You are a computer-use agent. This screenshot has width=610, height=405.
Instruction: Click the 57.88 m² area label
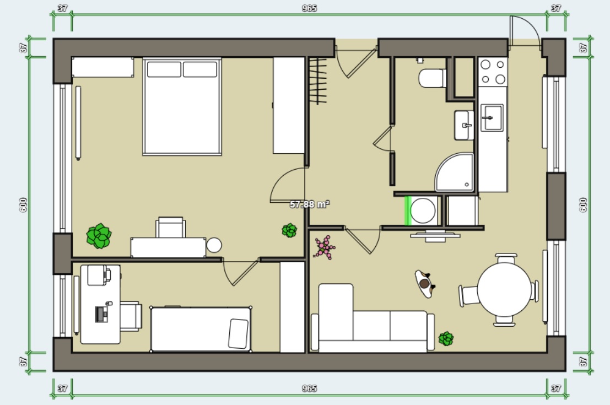pyautogui.click(x=310, y=204)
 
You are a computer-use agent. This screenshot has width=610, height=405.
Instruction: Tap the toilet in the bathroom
pyautogui.click(x=432, y=78)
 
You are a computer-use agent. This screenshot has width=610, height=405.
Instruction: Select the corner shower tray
pyautogui.click(x=455, y=172)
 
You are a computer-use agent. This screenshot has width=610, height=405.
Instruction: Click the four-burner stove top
pyautogui.click(x=493, y=72)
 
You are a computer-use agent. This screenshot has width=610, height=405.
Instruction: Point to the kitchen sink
pyautogui.click(x=492, y=117)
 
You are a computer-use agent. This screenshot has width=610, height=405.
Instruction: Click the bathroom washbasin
pyautogui.click(x=464, y=125)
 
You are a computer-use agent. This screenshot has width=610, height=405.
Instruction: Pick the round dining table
pyautogui.click(x=504, y=289)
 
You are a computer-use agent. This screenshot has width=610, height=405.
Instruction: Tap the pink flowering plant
pyautogui.click(x=325, y=247)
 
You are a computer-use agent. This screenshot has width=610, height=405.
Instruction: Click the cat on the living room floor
pyautogui.click(x=425, y=284)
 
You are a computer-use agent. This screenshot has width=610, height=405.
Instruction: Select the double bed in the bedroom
pyautogui.click(x=182, y=106)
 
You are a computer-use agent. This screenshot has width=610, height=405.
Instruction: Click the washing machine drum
pyautogui.click(x=423, y=210)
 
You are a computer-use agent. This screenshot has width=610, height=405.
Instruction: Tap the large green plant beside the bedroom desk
pyautogui.click(x=99, y=236)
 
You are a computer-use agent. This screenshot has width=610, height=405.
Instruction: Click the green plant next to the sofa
pyautogui.click(x=446, y=338)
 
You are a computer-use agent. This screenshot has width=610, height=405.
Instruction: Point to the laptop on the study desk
pyautogui.click(x=102, y=314)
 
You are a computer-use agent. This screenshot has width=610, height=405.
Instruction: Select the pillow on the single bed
pyautogui.click(x=239, y=333)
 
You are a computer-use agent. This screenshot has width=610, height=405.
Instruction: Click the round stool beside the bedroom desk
pyautogui.click(x=214, y=245)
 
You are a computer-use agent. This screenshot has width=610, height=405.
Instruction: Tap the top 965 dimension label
pyautogui.click(x=309, y=8)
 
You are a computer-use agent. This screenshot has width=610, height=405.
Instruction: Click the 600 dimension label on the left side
pyautogui.click(x=23, y=204)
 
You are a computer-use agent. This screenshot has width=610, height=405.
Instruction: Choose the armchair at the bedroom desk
pyautogui.click(x=170, y=227)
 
